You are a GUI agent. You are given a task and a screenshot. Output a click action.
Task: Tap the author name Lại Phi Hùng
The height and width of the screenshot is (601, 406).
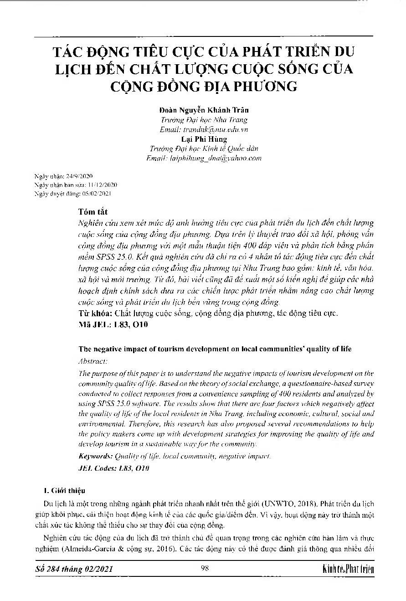click(x=204, y=139)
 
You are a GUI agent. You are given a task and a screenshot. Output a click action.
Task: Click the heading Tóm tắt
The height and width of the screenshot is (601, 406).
click(x=93, y=212)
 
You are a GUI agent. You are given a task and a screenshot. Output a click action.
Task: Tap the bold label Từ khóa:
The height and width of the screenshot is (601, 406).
click(x=95, y=313)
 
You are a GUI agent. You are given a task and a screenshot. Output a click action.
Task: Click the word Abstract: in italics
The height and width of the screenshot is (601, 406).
click(x=93, y=361)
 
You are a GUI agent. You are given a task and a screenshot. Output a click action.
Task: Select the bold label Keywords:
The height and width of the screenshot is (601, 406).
click(x=96, y=456)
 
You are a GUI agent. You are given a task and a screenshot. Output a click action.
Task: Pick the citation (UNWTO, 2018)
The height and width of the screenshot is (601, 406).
click(x=294, y=503)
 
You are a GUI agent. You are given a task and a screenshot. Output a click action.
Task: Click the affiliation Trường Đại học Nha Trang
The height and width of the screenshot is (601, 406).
click(x=204, y=120)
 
